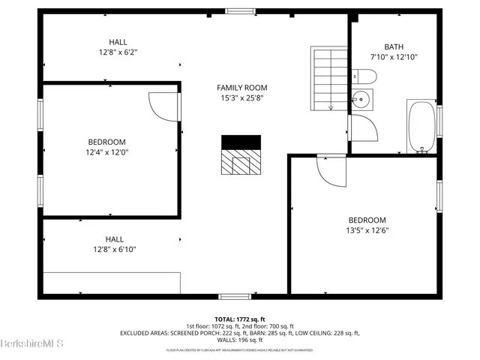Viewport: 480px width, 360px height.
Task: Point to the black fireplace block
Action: coord(241,142)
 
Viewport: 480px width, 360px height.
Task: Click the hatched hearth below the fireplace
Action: coord(241,161)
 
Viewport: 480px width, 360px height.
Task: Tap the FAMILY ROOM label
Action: coord(242,88)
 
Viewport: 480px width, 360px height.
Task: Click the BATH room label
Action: coord(393,46)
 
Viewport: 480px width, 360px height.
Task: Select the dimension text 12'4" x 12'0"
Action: coord(106,152)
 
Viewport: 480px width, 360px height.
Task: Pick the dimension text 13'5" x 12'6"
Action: coord(366,230)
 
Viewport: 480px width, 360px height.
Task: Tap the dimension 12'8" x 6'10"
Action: coord(115,250)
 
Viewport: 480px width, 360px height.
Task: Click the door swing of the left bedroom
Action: coord(163,106)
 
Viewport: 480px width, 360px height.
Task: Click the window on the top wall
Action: coord(239,10)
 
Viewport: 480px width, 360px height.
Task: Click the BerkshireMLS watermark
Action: coord(32,344)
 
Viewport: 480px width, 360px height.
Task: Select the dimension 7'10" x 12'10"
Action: coord(393,57)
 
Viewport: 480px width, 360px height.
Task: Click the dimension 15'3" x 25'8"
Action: coord(242,98)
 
